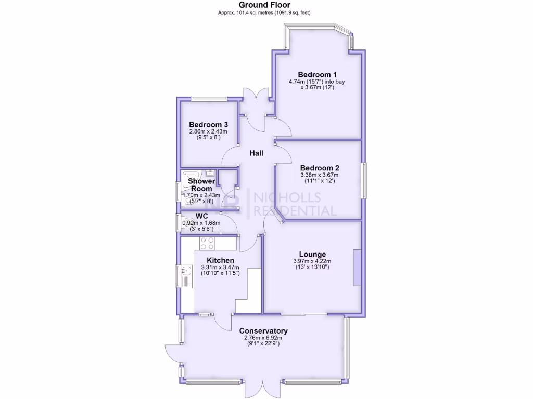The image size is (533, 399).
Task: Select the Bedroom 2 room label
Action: coord(320,168)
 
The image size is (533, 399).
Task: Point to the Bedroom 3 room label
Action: coord(208,125)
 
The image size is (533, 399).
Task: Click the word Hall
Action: coord(256,153)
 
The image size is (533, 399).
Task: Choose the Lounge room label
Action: coord(312,254)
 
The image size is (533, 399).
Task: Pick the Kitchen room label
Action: coord(220,260)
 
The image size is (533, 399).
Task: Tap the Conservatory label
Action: coord(263,331)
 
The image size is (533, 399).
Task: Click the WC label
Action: coord(202,216)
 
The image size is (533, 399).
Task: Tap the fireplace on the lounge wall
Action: coord(357,268)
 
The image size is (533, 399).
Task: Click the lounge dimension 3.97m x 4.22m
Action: coord(312,261)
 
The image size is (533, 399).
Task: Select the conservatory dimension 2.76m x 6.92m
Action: coord(263,338)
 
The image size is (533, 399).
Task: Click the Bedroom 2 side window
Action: coord(364,180)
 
